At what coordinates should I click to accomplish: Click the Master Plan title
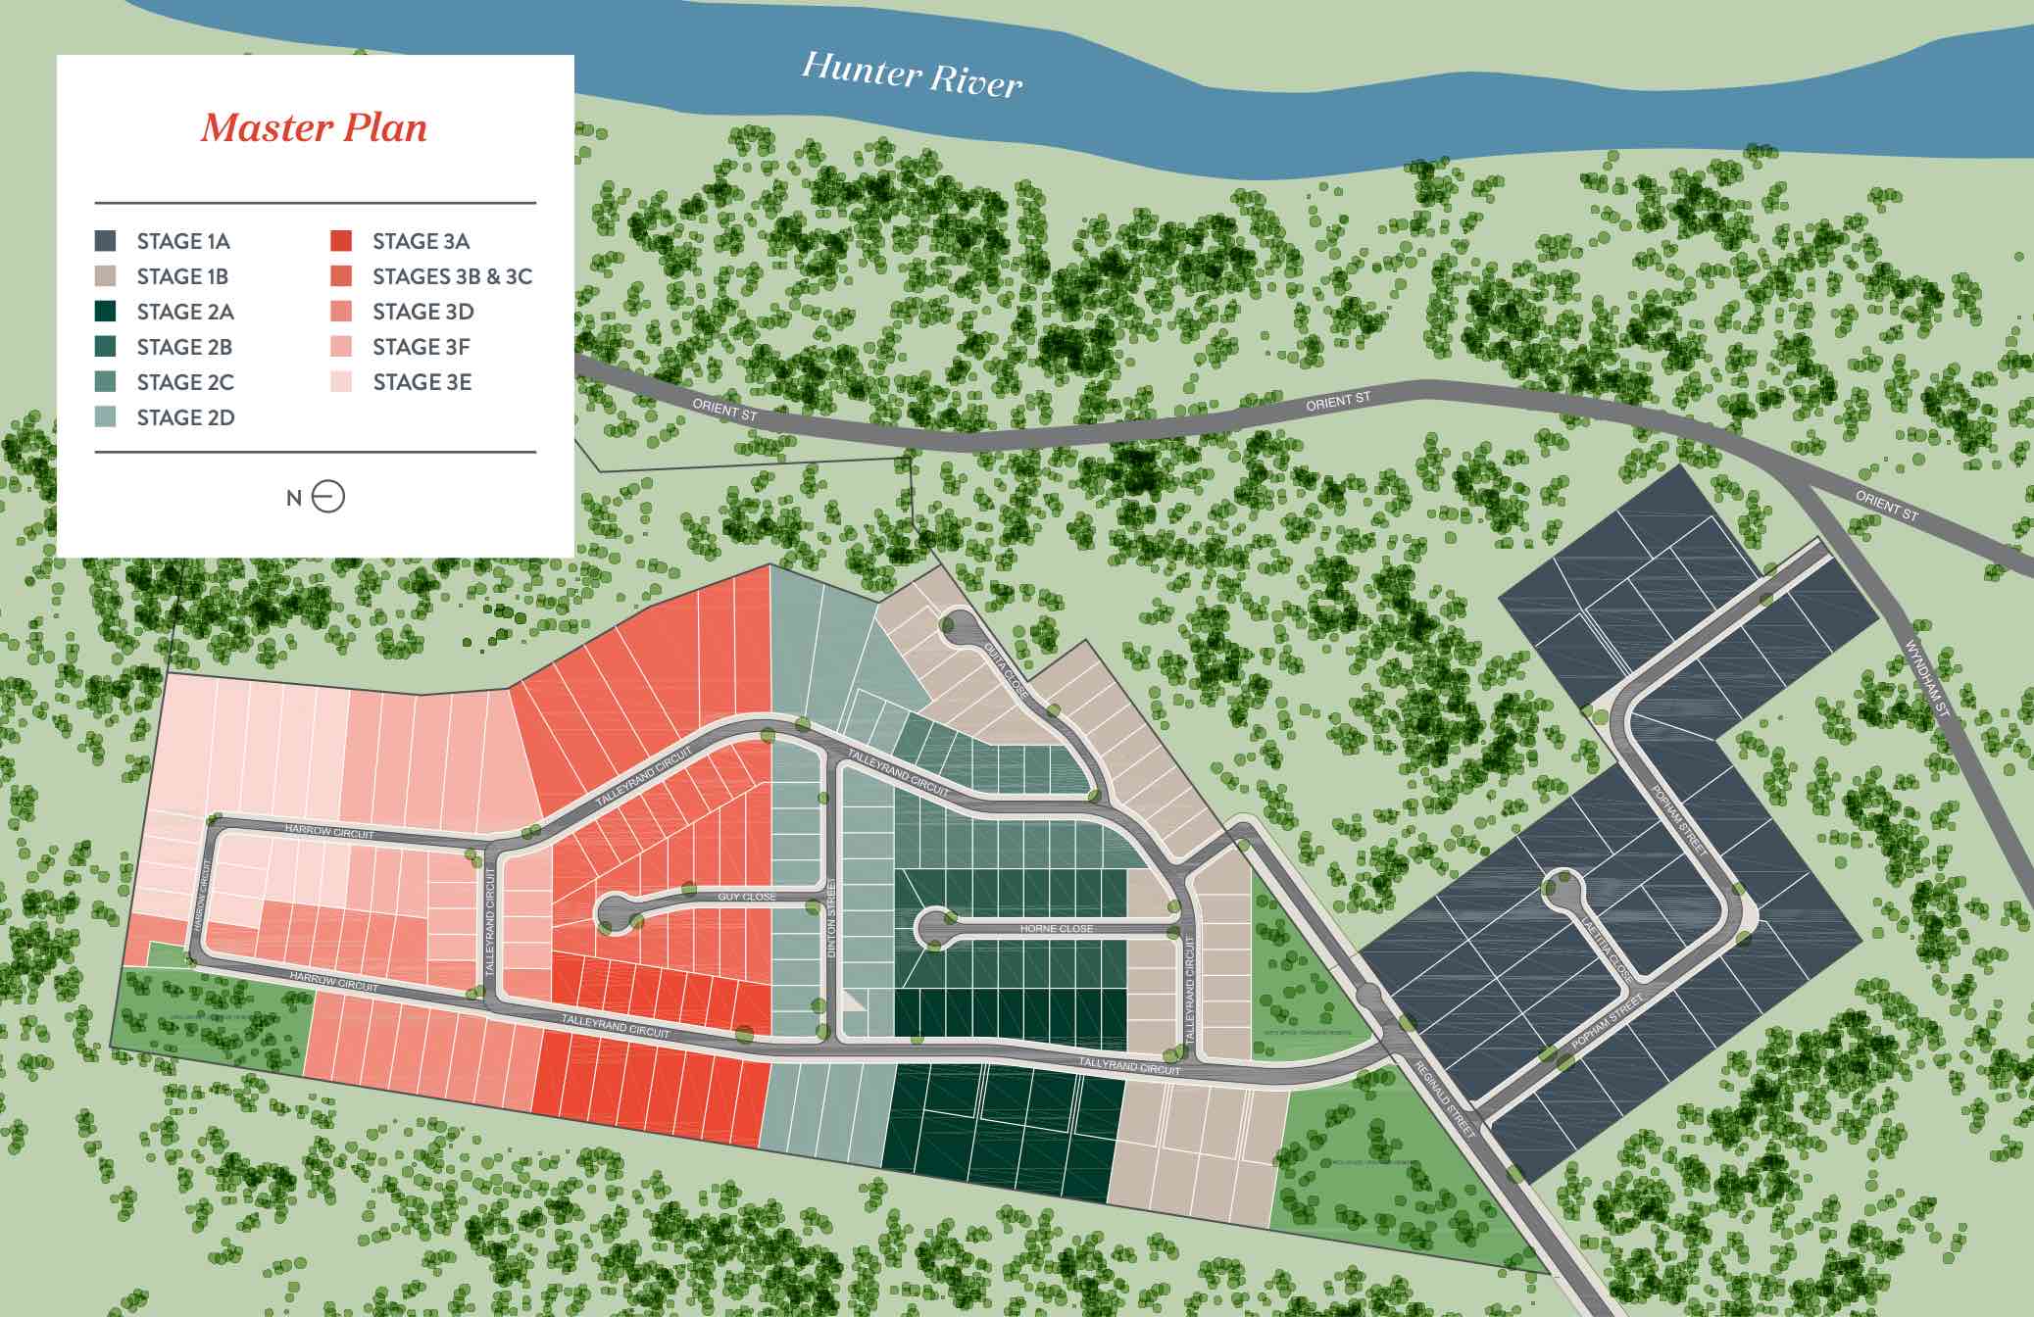click(x=314, y=128)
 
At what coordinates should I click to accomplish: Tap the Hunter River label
click(x=912, y=74)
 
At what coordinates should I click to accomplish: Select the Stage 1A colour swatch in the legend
click(x=106, y=241)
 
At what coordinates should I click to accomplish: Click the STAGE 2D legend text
click(x=185, y=417)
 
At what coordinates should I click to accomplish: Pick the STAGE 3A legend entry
click(x=421, y=241)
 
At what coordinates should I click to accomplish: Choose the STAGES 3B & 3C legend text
click(x=452, y=276)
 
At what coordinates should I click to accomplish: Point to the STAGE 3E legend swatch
click(x=341, y=382)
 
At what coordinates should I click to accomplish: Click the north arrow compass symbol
click(x=327, y=497)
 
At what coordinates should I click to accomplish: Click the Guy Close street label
click(x=747, y=897)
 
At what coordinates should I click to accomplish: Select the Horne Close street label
click(x=1056, y=928)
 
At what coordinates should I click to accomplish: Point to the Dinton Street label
click(x=832, y=919)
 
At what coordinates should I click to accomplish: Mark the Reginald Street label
click(x=1445, y=1098)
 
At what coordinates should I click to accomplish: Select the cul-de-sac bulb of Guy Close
click(x=616, y=913)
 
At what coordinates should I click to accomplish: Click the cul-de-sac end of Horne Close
click(x=932, y=927)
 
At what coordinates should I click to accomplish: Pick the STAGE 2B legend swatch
click(x=106, y=347)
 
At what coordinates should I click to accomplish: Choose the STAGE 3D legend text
click(x=422, y=312)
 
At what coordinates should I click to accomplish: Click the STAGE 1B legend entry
click(x=182, y=276)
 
